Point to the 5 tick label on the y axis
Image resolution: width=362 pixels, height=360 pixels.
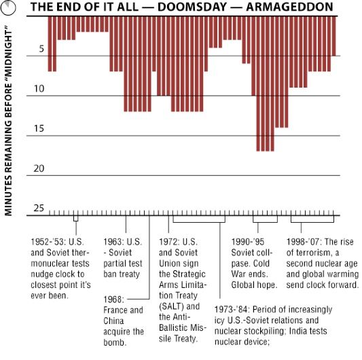click(x=41, y=49)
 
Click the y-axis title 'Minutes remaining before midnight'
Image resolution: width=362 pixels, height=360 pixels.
click(x=9, y=122)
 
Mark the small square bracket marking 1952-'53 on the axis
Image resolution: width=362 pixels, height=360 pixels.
click(x=75, y=218)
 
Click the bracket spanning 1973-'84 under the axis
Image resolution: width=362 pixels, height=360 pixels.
click(x=198, y=219)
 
